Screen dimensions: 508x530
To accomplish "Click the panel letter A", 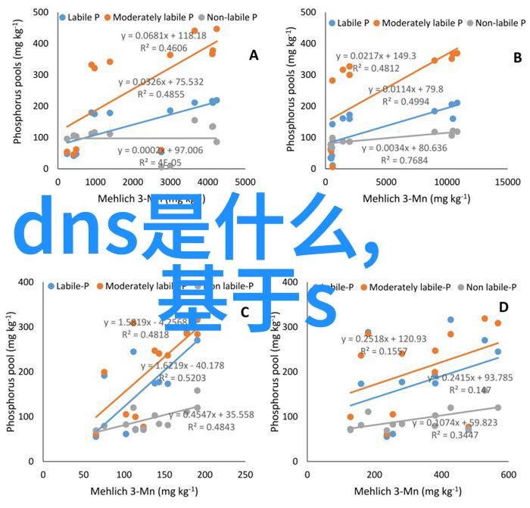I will click(254, 55).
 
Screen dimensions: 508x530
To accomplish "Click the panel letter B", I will click(518, 58).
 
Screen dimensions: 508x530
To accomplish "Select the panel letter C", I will click(245, 312).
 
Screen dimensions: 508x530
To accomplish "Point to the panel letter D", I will click(503, 307).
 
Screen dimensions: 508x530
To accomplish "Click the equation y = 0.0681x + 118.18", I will click(164, 35).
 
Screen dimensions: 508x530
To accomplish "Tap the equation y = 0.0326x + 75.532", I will click(162, 82).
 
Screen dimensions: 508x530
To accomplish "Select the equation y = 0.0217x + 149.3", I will click(376, 55).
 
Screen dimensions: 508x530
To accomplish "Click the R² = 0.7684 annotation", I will click(405, 161).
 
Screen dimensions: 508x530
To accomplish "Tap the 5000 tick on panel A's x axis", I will click(245, 182).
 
